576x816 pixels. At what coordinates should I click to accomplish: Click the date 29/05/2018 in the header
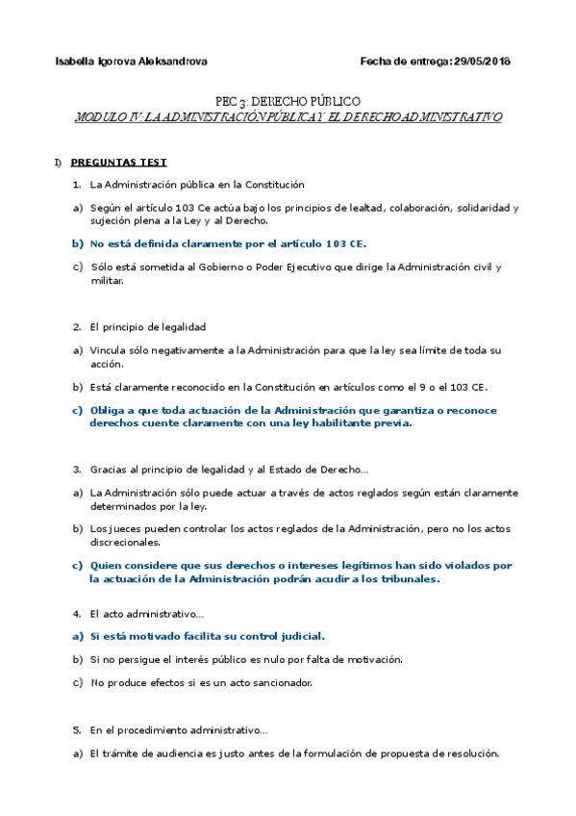tap(482, 62)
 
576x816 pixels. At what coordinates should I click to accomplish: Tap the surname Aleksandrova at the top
tap(173, 62)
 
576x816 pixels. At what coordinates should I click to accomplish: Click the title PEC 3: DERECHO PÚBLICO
tap(288, 101)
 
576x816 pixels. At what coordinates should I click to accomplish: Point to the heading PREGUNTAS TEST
tap(118, 163)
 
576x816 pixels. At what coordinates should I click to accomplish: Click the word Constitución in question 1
tap(272, 185)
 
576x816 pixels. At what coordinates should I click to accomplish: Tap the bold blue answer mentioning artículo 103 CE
tap(228, 243)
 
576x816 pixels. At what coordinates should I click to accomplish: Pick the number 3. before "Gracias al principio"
tap(76, 470)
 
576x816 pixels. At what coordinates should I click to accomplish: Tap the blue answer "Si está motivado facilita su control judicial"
tap(207, 635)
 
